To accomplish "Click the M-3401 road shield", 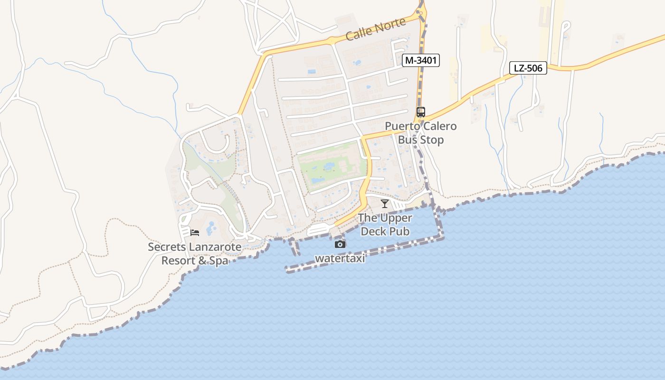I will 420,60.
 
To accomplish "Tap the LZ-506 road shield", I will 528,68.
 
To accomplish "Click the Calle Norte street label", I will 376,29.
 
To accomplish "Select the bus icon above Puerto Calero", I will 420,112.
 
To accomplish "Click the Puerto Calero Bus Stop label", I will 421,133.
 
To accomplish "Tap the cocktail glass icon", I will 385,204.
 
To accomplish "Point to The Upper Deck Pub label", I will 385,225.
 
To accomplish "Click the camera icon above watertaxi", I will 340,244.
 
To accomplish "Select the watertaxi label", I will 341,258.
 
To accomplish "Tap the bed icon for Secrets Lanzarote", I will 195,232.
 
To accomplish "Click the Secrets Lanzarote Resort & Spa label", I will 195,254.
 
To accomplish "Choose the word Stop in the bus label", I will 432,140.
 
